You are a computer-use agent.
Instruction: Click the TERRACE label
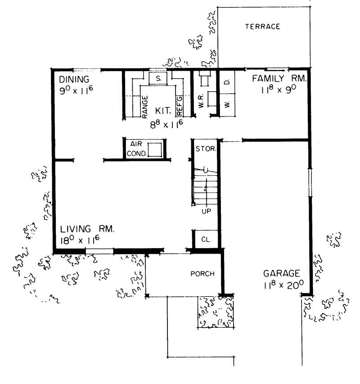pos(262,27)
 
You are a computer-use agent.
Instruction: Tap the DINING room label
pos(74,79)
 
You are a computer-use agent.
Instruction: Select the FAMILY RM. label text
pos(279,78)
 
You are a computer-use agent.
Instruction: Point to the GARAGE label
pos(282,273)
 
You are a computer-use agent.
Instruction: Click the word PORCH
pos(202,273)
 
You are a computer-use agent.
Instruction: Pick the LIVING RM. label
pos(87,229)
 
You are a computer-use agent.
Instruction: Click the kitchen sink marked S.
pos(158,79)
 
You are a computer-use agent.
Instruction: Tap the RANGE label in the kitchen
pos(145,107)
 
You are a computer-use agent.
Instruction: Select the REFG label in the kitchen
pos(180,106)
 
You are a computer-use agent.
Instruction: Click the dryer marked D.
pos(227,82)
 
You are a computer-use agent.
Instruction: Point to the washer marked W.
pos(227,105)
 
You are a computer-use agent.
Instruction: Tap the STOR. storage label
pos(206,149)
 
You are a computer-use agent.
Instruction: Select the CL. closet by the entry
pos(206,239)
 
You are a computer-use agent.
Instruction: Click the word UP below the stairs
pos(207,211)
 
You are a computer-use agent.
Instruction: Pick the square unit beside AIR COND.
pos(155,150)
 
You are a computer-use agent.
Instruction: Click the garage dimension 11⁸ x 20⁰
pos(284,285)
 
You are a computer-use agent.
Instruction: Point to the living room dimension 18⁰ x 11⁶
pos(80,240)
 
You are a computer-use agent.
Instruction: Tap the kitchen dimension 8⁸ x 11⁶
pos(166,125)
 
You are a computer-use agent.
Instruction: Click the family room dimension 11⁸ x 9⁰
pos(279,89)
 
